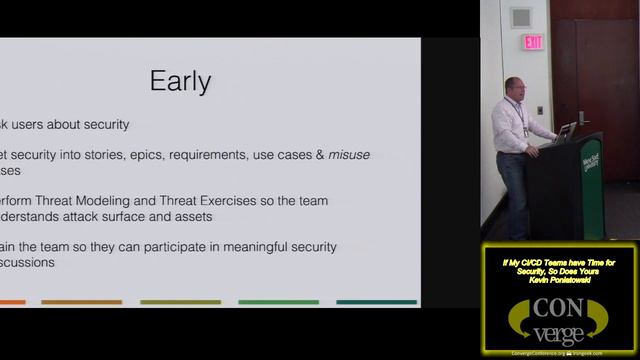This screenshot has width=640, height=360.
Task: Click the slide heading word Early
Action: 181,80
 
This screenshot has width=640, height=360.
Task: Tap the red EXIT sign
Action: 533,42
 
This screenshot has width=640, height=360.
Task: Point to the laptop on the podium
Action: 566,130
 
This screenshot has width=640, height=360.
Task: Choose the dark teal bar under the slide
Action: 377,302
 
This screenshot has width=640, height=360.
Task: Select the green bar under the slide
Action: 279,302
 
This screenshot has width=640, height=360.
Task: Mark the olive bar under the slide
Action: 180,302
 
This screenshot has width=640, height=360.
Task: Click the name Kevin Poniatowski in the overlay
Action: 559,281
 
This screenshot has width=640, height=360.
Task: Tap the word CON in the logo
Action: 560,304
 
